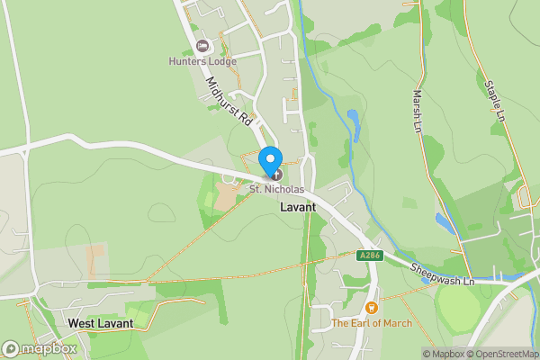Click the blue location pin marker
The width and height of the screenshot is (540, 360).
[x=269, y=161]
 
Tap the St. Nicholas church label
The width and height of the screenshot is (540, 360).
[x=280, y=190]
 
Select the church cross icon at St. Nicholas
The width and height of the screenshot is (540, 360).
[x=276, y=175]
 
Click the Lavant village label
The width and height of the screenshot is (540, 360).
[x=298, y=207]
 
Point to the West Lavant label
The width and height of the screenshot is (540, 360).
[x=101, y=323]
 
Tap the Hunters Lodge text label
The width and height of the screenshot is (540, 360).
[x=202, y=61]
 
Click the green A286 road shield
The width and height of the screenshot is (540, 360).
[x=366, y=256]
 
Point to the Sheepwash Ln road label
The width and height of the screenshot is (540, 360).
[x=443, y=274]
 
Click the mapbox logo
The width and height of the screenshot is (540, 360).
[x=40, y=348]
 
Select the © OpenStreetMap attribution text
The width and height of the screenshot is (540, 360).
[x=499, y=354]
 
